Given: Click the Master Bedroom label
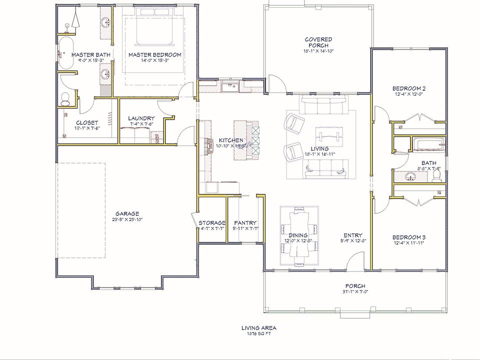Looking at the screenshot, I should (154, 55).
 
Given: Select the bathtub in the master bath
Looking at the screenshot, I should (65, 53).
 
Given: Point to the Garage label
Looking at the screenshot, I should (127, 213).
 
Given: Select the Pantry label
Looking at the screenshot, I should (245, 223).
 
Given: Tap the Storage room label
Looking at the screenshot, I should (212, 223).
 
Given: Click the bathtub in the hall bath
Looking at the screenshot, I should (427, 145).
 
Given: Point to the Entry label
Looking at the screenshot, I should (352, 235).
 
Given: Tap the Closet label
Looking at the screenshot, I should (87, 122).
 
